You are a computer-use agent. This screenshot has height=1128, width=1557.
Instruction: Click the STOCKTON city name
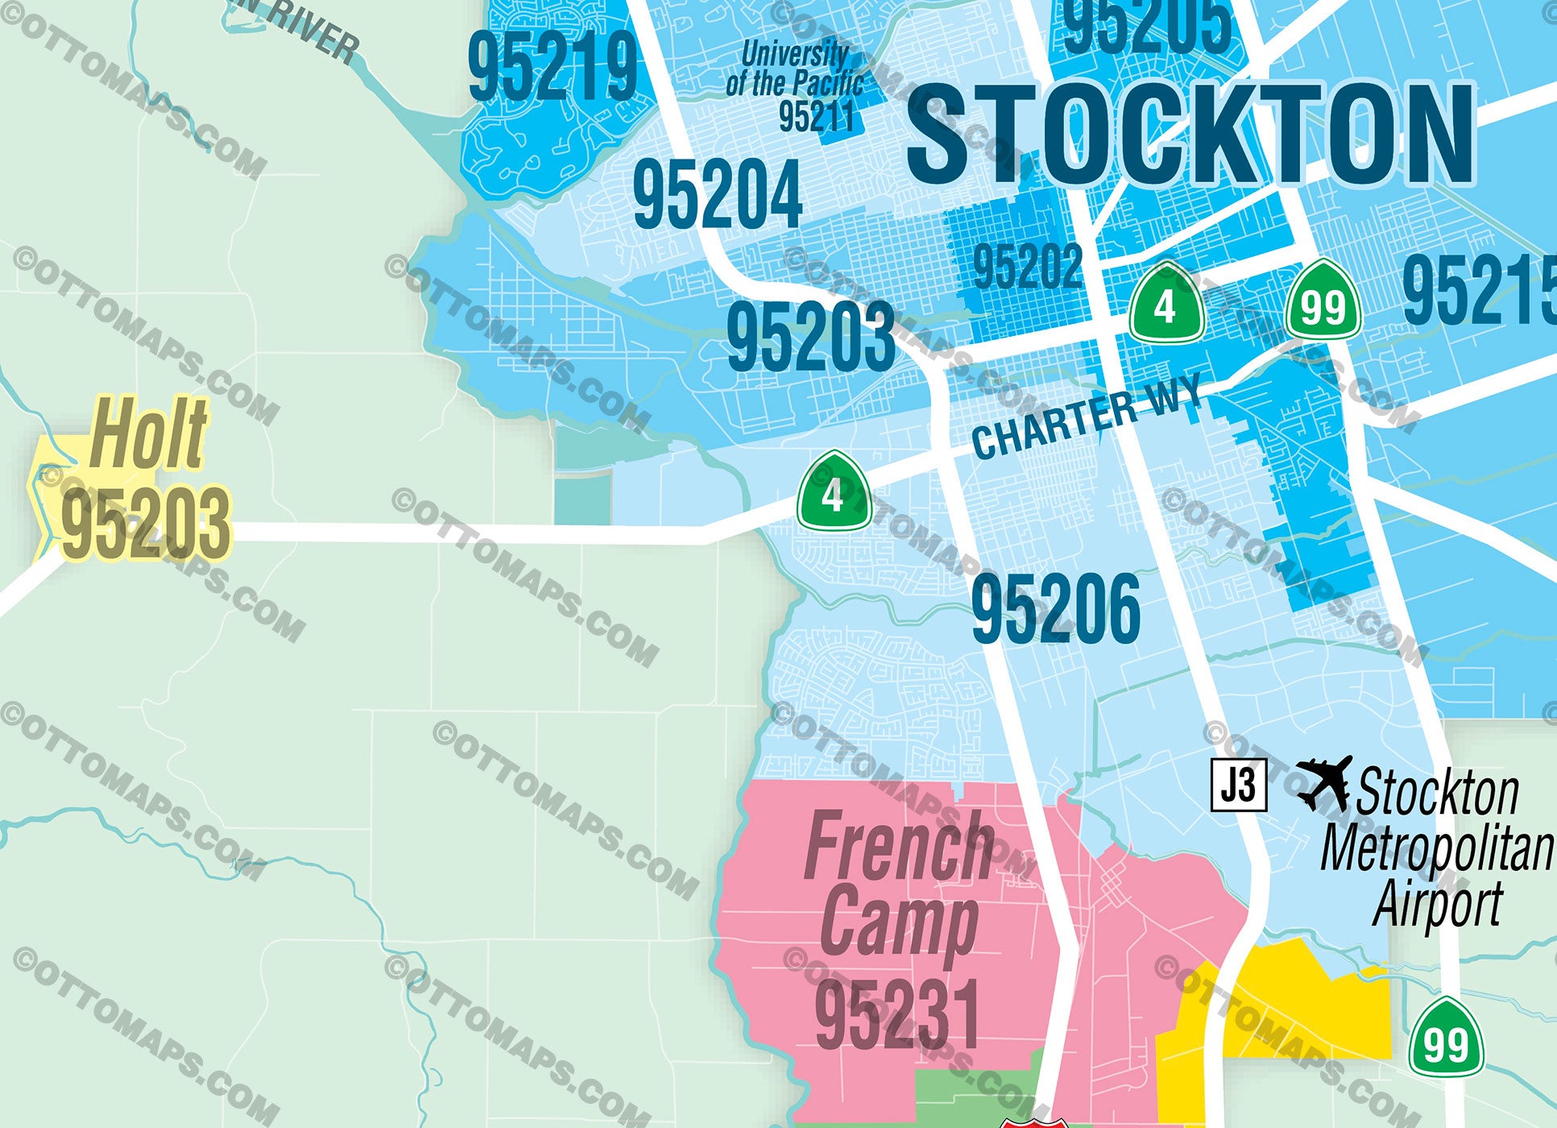pos(1191,135)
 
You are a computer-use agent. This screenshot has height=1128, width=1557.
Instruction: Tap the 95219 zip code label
pos(553,68)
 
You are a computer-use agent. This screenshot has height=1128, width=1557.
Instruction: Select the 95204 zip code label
pos(718,194)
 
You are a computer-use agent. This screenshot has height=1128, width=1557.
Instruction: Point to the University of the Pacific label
pos(794,69)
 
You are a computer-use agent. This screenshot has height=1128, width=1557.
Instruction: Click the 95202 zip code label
pos(1027,267)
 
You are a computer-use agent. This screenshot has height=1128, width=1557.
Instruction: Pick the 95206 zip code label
pos(1055,609)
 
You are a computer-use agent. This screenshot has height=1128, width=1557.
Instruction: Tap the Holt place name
pos(149,433)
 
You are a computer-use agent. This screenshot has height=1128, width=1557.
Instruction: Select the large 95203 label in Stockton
pos(810,337)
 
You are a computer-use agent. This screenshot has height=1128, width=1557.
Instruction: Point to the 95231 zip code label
pos(897,1014)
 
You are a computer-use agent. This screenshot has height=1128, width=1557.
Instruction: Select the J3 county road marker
pos(1239,784)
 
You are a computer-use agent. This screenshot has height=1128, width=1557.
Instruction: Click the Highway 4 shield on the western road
pos(834,491)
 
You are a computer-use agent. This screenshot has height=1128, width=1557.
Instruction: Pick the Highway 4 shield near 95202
pos(1166,304)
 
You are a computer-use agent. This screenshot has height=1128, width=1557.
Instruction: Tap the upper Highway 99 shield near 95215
pos(1323,304)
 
